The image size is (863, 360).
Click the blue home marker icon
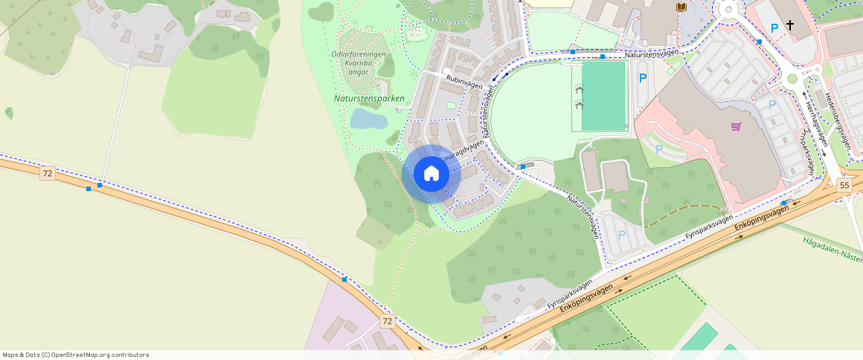[x=431, y=173]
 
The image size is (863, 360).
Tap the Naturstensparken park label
[x=369, y=98]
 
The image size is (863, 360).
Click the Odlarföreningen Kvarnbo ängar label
[x=359, y=63]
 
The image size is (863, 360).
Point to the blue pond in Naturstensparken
[x=368, y=119]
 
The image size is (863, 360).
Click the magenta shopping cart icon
[x=736, y=126]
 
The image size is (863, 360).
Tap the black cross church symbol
[x=790, y=26]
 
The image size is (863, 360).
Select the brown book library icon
[x=681, y=7]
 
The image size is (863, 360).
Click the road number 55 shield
[x=844, y=185]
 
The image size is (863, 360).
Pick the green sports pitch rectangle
[x=603, y=96]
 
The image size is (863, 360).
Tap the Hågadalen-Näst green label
[x=832, y=248]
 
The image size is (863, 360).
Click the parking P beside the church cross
[x=774, y=28]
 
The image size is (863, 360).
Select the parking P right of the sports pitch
[x=643, y=78]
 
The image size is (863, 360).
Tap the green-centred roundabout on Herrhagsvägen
[x=792, y=79]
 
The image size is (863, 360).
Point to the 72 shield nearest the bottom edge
[x=387, y=321]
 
